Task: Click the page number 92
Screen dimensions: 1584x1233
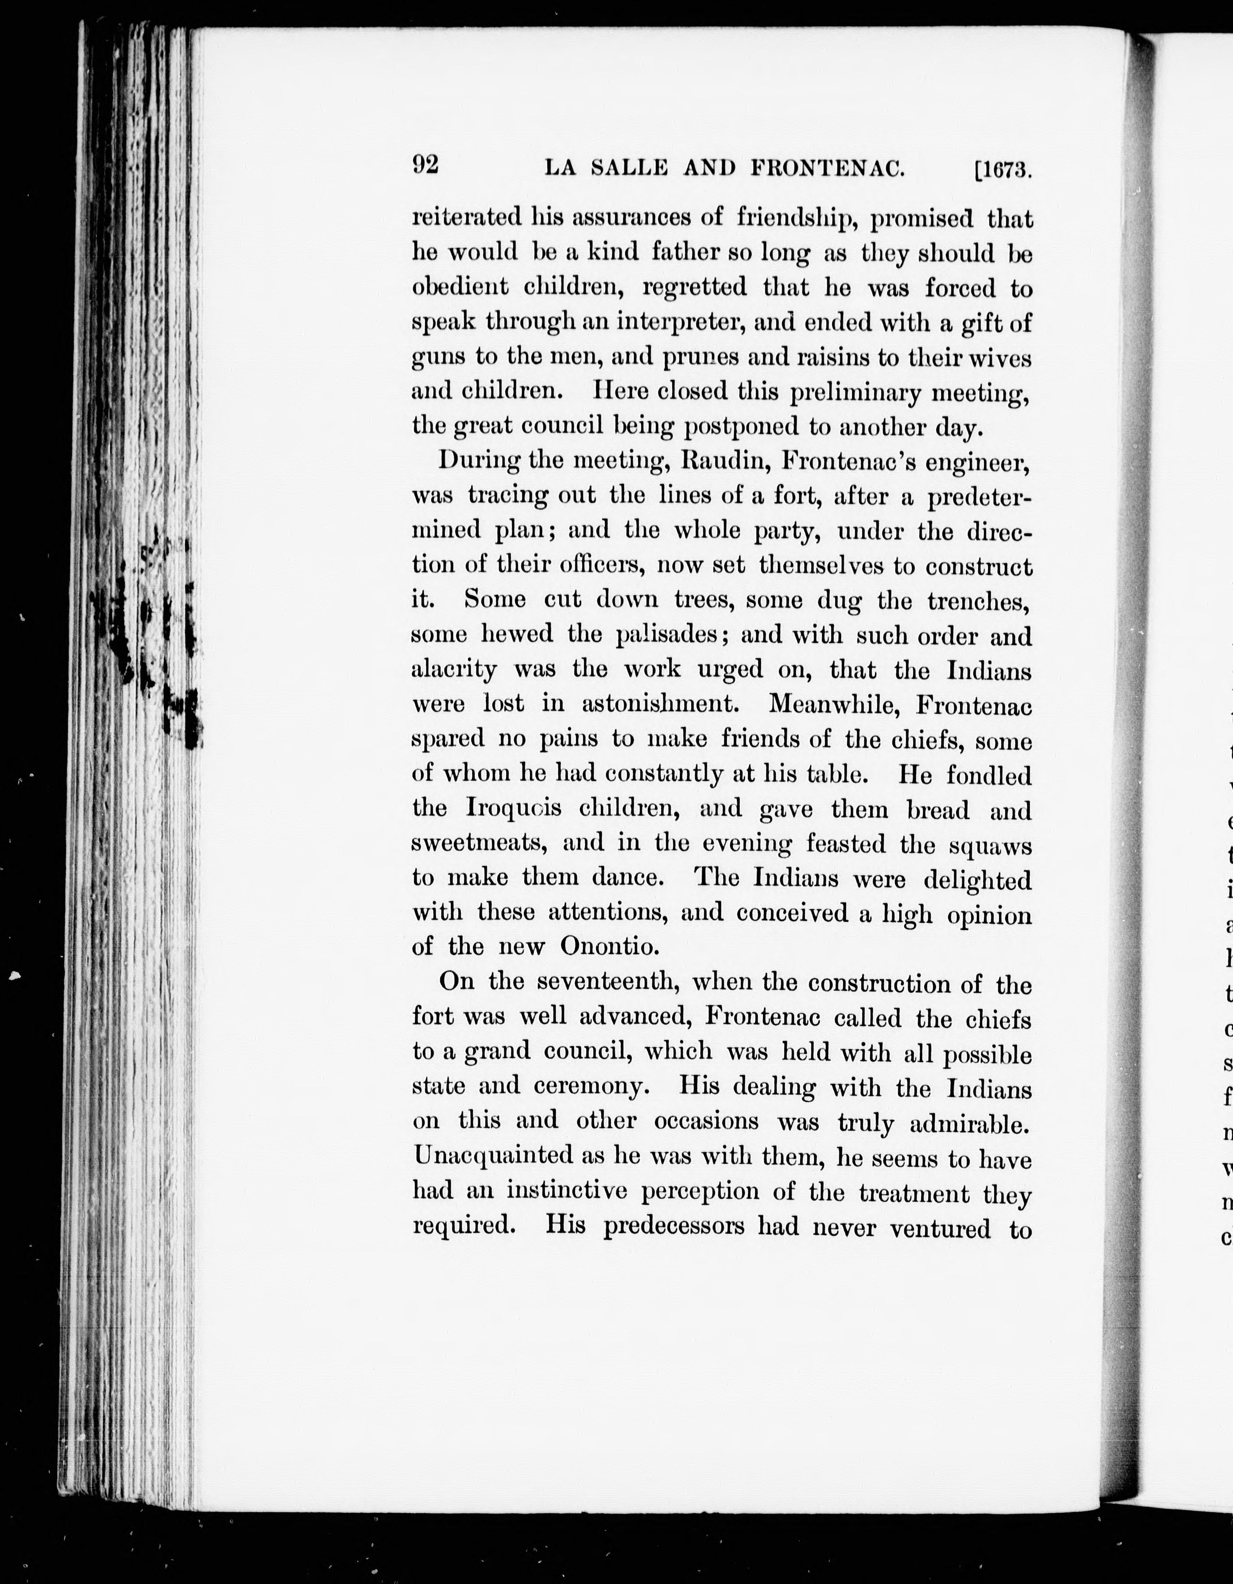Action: pyautogui.click(x=426, y=165)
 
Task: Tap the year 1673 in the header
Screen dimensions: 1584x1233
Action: pyautogui.click(x=1005, y=171)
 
